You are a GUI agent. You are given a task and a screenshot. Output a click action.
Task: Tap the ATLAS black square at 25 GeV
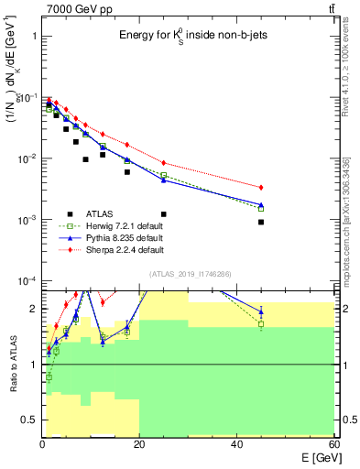click(x=163, y=213)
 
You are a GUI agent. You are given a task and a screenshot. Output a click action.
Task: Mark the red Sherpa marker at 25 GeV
click(x=163, y=163)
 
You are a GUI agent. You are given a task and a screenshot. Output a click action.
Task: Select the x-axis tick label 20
click(x=139, y=444)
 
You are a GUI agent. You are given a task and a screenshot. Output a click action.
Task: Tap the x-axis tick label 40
click(x=236, y=444)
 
